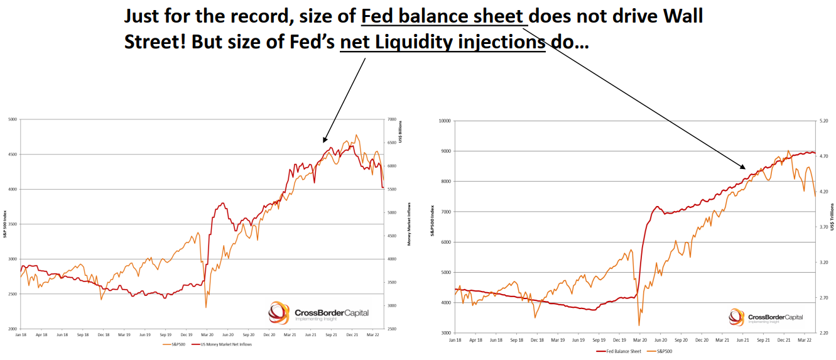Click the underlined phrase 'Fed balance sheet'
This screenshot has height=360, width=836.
pos(444,18)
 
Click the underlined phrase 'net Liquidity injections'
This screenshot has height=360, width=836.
pos(442,43)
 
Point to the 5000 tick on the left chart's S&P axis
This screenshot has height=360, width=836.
pos(12,119)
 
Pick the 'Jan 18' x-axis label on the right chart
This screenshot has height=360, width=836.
pos(455,340)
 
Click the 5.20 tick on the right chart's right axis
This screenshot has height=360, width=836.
pos(823,121)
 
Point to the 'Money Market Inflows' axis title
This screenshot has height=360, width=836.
pos(409,223)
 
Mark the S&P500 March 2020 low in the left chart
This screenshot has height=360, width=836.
pos(206,307)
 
